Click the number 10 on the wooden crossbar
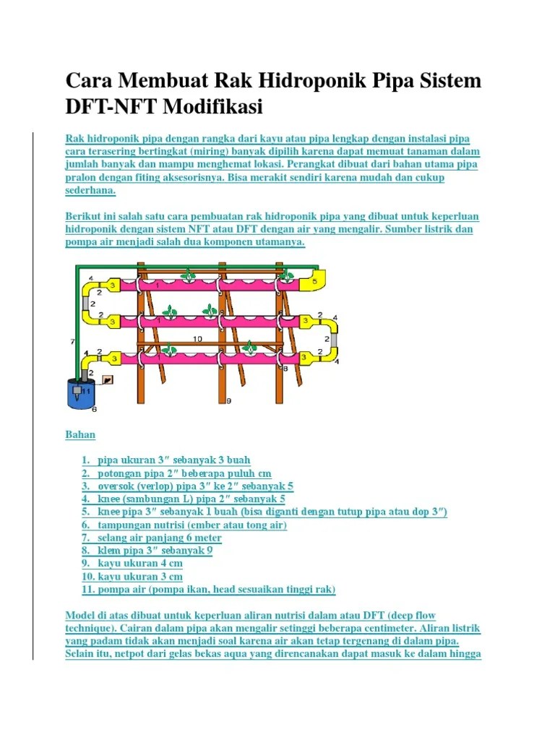pos(197,338)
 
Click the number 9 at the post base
pos(228,400)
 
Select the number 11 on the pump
pos(86,390)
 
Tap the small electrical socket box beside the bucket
pos(108,379)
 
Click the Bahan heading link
pos(80,434)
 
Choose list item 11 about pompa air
pos(208,589)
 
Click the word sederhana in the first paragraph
pos(90,191)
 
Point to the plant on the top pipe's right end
pos(287,275)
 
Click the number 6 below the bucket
pos(93,409)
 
